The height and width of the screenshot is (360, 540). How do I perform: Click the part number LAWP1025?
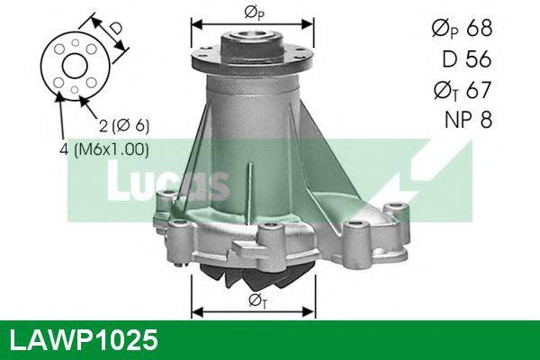[x=83, y=341]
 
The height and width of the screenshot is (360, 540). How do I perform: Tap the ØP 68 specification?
[x=462, y=29]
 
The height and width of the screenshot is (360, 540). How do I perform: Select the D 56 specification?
[x=469, y=58]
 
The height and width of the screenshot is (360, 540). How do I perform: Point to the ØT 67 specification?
[x=462, y=89]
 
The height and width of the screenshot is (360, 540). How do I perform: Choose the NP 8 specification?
[x=468, y=120]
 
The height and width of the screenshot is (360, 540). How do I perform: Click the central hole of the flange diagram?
[x=75, y=66]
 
